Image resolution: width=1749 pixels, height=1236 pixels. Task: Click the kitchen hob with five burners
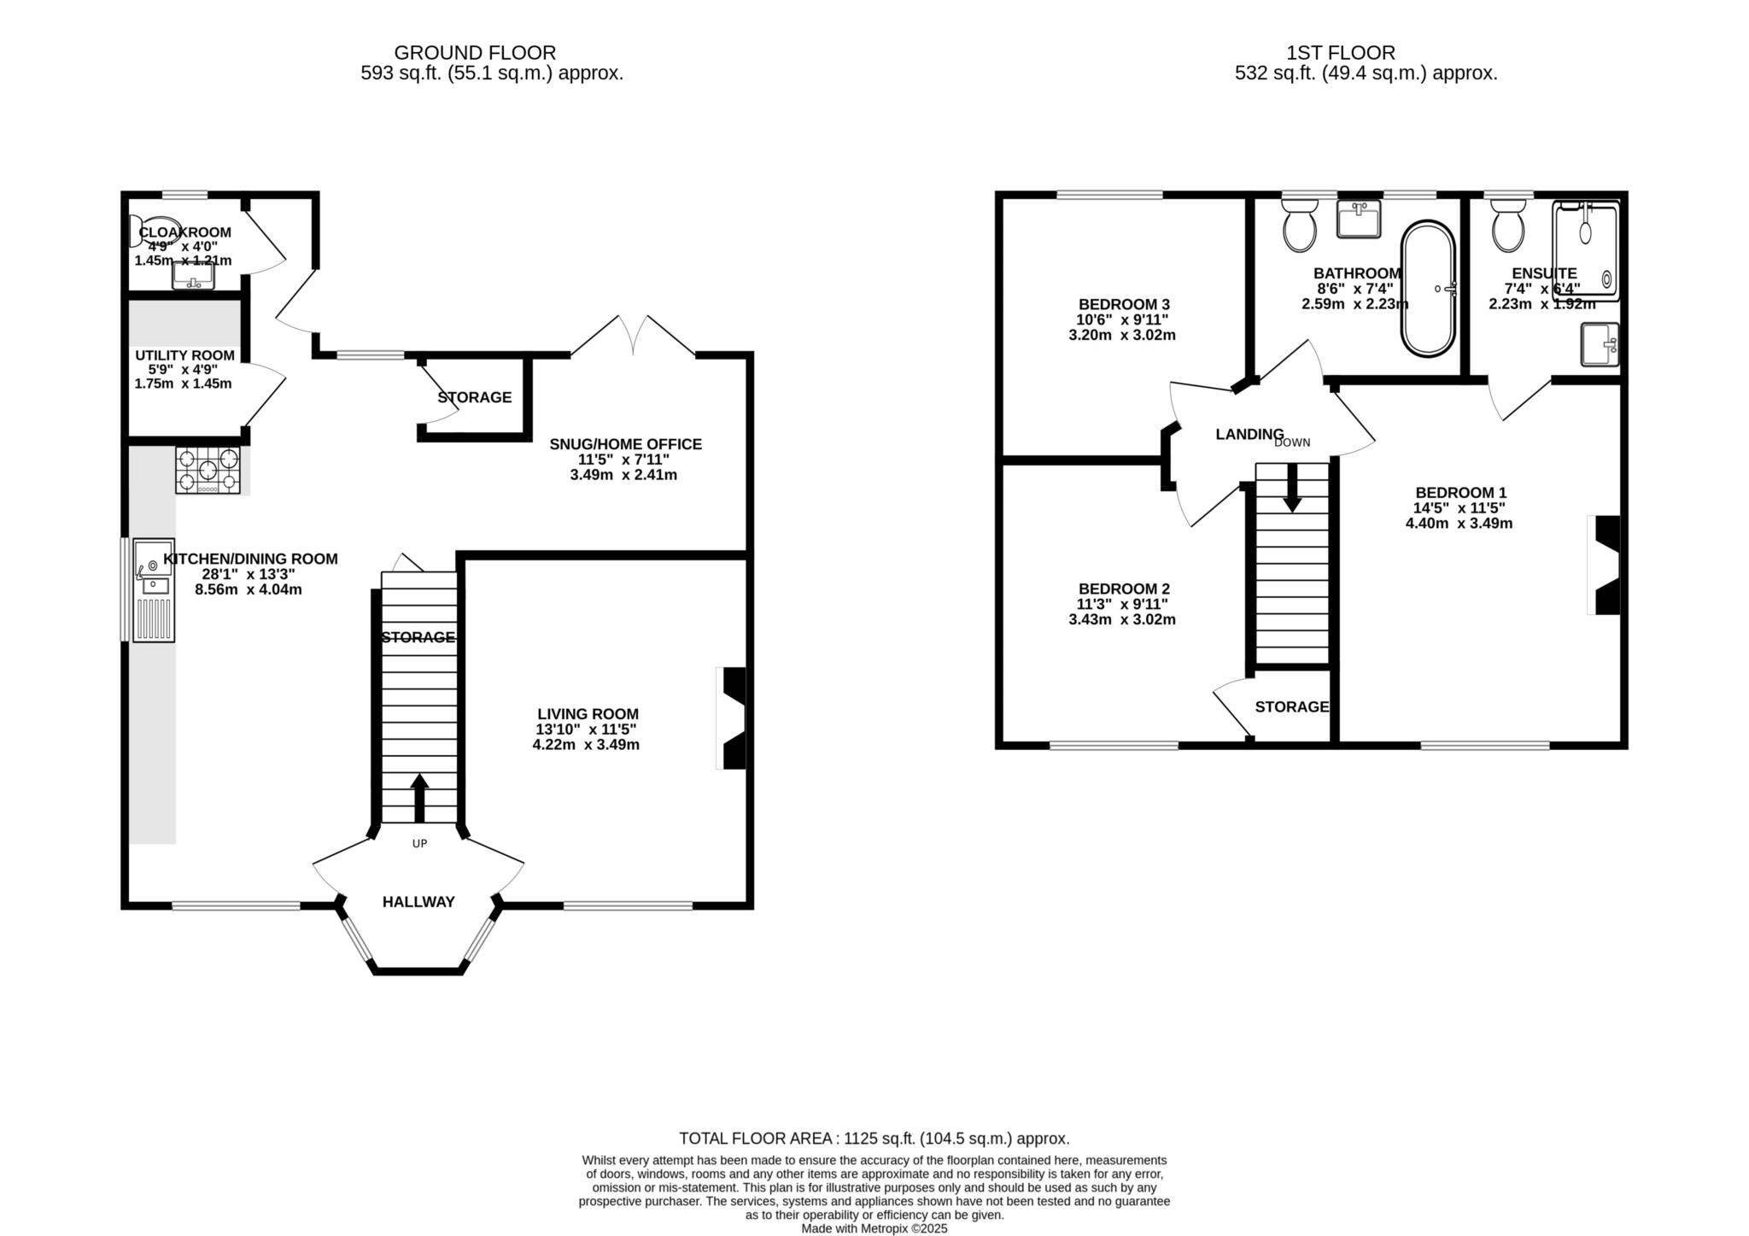click(x=208, y=470)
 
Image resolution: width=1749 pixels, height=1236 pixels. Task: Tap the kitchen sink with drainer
click(x=154, y=589)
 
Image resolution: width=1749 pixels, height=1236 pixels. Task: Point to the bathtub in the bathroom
click(x=1427, y=289)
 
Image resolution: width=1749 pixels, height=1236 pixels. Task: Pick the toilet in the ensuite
click(x=1509, y=224)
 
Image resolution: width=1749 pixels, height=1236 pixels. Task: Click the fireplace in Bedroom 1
click(x=1604, y=565)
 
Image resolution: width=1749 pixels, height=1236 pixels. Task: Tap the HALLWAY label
click(x=418, y=902)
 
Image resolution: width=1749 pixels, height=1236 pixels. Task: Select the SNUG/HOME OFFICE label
click(x=625, y=444)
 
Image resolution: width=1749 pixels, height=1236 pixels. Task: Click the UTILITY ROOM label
click(x=184, y=355)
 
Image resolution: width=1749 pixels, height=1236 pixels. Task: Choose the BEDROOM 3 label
click(x=1124, y=304)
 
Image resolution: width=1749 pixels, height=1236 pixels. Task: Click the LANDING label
click(x=1249, y=434)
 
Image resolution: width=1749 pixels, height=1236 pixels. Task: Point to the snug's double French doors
click(x=633, y=334)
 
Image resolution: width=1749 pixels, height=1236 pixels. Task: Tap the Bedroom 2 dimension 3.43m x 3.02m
click(x=1122, y=619)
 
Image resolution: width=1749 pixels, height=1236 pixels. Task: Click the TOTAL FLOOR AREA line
click(x=874, y=1139)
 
